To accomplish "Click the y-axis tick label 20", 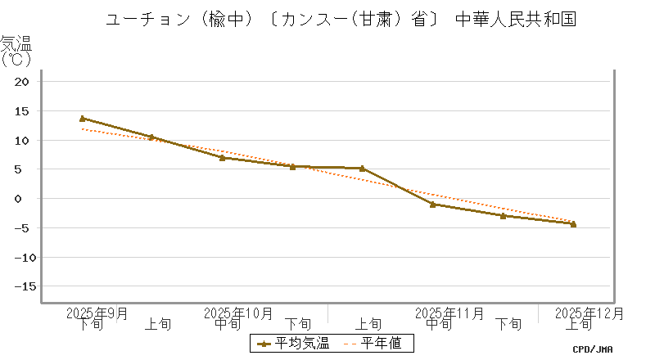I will [x=22, y=82].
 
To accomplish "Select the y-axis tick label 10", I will [x=22, y=141].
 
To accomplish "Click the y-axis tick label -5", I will [x=21, y=228].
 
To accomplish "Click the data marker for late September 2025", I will [x=83, y=119].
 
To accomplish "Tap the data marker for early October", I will [x=151, y=137].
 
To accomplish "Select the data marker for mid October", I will [x=222, y=157].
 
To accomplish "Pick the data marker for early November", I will [x=362, y=169].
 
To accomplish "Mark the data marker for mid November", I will [x=432, y=204].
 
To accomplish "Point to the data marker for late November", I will [x=503, y=216].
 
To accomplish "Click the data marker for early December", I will [x=573, y=223].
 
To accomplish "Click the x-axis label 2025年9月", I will [x=97, y=313].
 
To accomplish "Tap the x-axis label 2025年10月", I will [x=238, y=313].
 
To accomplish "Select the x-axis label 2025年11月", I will [x=449, y=313].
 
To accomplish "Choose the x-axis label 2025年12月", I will [x=589, y=313].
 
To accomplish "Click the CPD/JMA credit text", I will [x=593, y=349].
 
